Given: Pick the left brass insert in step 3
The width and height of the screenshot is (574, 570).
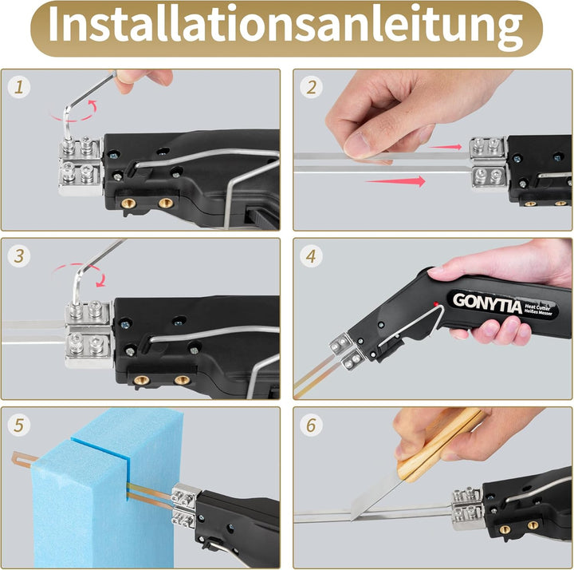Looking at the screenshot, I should pyautogui.click(x=141, y=379).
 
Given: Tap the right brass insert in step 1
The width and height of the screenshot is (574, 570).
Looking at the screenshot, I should pyautogui.click(x=166, y=203).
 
